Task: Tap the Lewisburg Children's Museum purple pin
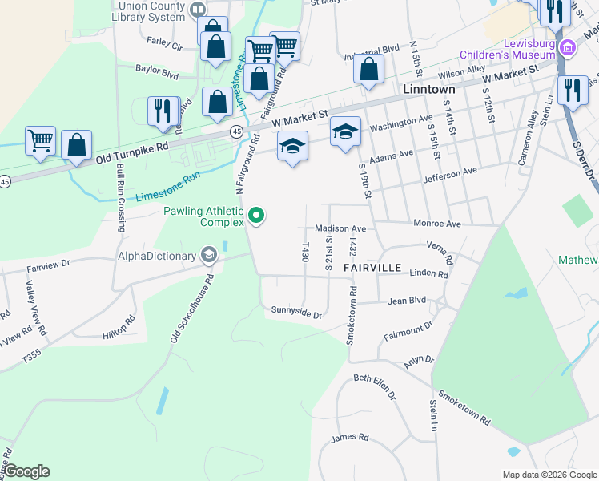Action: pyautogui.click(x=568, y=46)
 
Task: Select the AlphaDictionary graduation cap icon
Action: pyautogui.click(x=208, y=256)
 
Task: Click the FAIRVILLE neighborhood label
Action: pyautogui.click(x=371, y=265)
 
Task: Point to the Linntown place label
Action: pyautogui.click(x=429, y=89)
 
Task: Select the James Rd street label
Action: pyautogui.click(x=350, y=438)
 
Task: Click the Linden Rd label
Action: pyautogui.click(x=428, y=274)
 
